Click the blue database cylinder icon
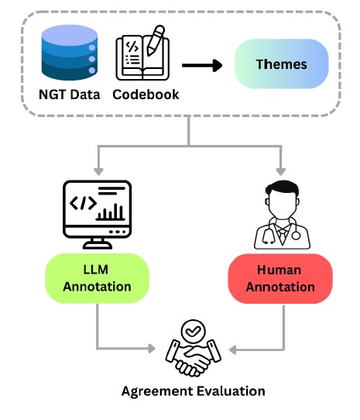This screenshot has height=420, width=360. pyautogui.click(x=70, y=53)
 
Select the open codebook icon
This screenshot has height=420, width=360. pyautogui.click(x=142, y=53)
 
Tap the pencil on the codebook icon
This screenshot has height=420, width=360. pyautogui.click(x=156, y=40)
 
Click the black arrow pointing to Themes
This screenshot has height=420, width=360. pyautogui.click(x=202, y=66)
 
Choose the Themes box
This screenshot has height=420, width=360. pyautogui.click(x=281, y=64)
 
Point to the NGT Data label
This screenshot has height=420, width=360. pyautogui.click(x=70, y=95)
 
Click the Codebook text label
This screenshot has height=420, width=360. pyautogui.click(x=146, y=95)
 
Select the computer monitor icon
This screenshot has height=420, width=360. pyautogui.click(x=97, y=215)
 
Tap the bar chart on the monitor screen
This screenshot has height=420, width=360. pyautogui.click(x=110, y=212)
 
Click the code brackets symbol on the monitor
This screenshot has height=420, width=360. pyautogui.click(x=83, y=203)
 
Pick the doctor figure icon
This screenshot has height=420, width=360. pyautogui.click(x=282, y=215)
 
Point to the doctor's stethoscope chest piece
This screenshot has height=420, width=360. pyautogui.click(x=296, y=236)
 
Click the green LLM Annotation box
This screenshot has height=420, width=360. pyautogui.click(x=97, y=278)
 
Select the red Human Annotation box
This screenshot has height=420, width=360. pyautogui.click(x=280, y=278)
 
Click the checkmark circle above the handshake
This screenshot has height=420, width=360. pyautogui.click(x=194, y=332)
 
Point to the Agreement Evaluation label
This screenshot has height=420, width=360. pyautogui.click(x=194, y=391)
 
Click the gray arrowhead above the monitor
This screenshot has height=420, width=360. pyautogui.click(x=98, y=171)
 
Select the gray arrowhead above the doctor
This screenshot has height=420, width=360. pyautogui.click(x=280, y=171)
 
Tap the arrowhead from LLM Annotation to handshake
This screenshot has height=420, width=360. pyautogui.click(x=152, y=349)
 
